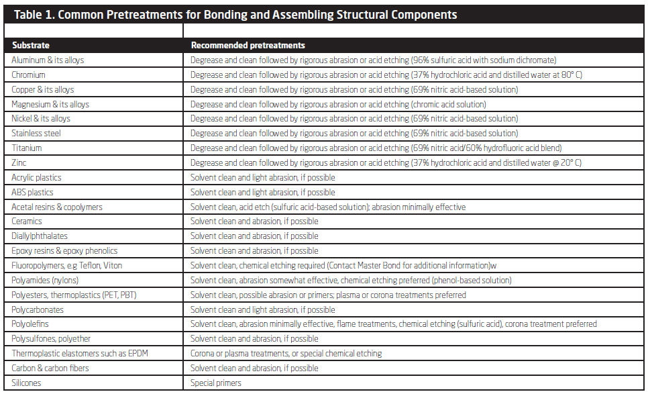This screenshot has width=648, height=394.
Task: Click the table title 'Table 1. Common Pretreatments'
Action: (x=235, y=14)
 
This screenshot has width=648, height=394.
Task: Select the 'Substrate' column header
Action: (x=30, y=46)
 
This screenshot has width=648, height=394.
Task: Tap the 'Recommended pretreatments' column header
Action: (x=248, y=46)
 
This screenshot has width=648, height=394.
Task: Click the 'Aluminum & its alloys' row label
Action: (x=48, y=60)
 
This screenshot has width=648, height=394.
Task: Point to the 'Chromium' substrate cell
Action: (x=29, y=75)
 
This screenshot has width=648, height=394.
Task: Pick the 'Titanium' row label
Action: (x=27, y=148)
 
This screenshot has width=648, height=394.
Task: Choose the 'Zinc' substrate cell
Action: (x=19, y=163)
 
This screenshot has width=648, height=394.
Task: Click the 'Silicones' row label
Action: (x=26, y=383)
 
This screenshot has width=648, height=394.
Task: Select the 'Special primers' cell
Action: (x=216, y=383)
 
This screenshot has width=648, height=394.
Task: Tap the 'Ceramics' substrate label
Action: (x=27, y=221)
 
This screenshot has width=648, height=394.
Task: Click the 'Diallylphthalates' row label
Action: (x=40, y=236)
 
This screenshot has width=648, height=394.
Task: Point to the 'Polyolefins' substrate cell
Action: (x=30, y=324)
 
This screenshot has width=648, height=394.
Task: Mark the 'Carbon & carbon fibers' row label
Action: (x=50, y=368)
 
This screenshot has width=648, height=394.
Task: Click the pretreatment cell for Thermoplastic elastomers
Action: (x=286, y=353)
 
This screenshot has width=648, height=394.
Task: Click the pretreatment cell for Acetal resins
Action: (x=327, y=207)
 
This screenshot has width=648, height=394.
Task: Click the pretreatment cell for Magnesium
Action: (x=338, y=104)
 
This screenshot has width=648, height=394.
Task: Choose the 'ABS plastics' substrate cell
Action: (x=32, y=192)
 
